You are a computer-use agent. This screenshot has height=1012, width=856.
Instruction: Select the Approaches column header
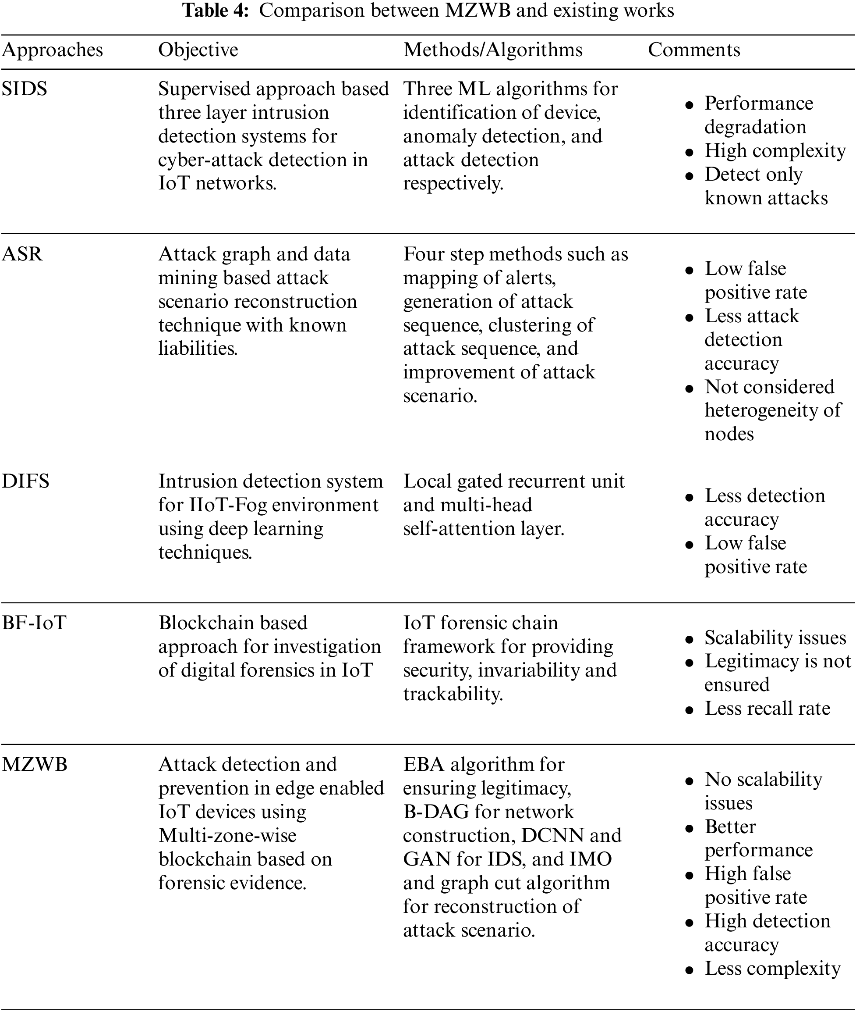[53, 50]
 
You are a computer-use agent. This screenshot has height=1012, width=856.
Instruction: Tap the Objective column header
[198, 50]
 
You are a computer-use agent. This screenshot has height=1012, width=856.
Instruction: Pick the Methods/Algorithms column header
[492, 50]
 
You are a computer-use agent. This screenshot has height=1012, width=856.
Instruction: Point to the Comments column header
[694, 50]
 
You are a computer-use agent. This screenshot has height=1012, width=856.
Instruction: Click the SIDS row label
[24, 89]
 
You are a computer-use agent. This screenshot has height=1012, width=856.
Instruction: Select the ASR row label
[22, 254]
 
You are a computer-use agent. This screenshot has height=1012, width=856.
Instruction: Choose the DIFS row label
[26, 481]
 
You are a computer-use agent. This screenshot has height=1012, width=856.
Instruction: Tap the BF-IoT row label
[34, 623]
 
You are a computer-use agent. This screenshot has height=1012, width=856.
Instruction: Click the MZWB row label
[35, 765]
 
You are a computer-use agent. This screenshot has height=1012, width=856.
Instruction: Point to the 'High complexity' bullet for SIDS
[775, 150]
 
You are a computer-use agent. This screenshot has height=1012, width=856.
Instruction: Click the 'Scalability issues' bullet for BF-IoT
[775, 638]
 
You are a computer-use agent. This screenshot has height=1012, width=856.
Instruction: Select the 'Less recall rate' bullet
[767, 709]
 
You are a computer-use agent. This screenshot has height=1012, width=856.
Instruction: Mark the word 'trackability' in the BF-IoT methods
[452, 694]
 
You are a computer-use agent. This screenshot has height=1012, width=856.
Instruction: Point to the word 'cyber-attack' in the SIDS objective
[217, 160]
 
